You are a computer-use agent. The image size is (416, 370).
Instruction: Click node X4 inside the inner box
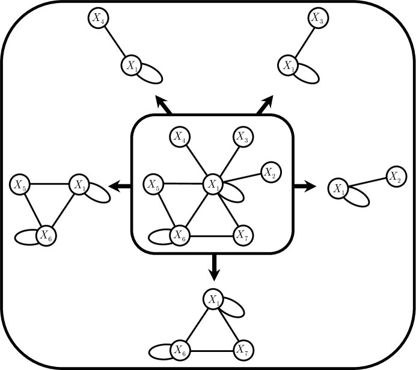pyautogui.click(x=179, y=137)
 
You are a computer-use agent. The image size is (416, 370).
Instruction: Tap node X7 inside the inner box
pyautogui.click(x=242, y=233)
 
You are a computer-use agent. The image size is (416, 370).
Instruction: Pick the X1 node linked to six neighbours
pyautogui.click(x=212, y=184)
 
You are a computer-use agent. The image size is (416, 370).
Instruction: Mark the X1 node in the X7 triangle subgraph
pyautogui.click(x=211, y=298)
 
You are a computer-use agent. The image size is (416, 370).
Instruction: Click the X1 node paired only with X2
pyautogui.click(x=338, y=190)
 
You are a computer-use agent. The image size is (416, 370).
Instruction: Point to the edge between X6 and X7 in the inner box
pyautogui.click(x=210, y=233)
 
